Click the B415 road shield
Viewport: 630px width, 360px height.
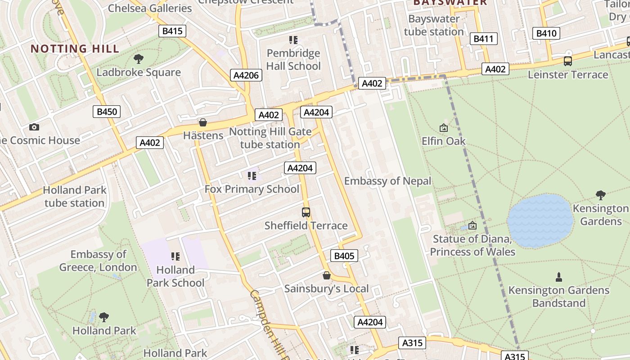tap(172, 31)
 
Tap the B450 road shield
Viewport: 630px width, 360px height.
tap(107, 112)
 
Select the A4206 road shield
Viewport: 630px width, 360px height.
tap(246, 75)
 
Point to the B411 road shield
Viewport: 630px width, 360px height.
tap(484, 39)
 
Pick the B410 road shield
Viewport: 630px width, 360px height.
tap(547, 33)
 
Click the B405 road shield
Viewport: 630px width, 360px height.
tap(344, 256)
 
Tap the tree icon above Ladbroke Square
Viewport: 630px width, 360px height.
tap(139, 58)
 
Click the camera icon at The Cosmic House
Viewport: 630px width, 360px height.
tap(34, 127)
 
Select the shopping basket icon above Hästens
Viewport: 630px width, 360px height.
tap(203, 122)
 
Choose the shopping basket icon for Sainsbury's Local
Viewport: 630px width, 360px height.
tap(327, 275)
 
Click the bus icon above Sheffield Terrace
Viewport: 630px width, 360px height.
tap(306, 212)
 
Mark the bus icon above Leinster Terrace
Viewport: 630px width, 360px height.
tap(568, 61)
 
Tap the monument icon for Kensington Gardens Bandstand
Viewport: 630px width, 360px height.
tap(559, 277)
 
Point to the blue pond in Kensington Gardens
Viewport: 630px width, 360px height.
tap(540, 220)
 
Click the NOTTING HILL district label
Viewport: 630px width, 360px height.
tap(75, 49)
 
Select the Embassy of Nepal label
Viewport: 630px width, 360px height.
tap(387, 181)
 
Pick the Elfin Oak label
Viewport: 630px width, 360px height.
tap(444, 141)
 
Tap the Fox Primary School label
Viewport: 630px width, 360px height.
tap(252, 189)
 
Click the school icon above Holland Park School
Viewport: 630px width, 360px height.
tap(175, 256)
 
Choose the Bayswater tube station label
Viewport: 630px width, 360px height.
tap(434, 25)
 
